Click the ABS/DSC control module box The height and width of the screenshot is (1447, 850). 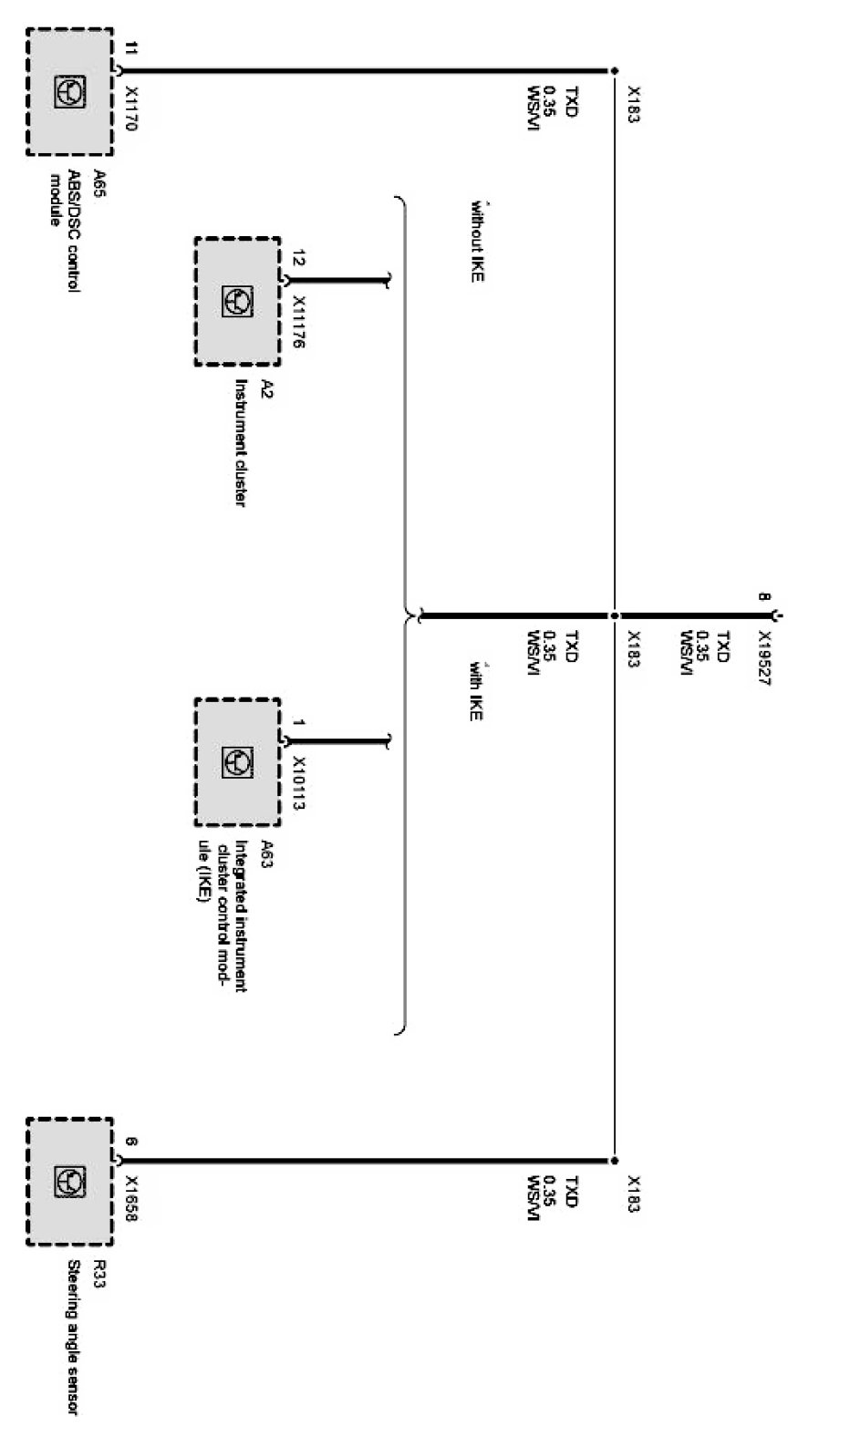(x=69, y=91)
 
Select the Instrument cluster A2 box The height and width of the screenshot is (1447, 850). (x=237, y=302)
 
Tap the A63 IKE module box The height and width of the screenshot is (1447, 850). (x=237, y=762)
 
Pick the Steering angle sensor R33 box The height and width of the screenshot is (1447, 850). (x=69, y=1182)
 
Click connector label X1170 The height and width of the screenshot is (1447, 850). (x=130, y=109)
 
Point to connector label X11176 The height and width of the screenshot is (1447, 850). (x=298, y=323)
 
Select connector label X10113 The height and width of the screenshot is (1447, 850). (x=298, y=783)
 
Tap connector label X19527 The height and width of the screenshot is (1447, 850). (x=764, y=658)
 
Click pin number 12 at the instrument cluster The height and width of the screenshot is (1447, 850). (x=298, y=259)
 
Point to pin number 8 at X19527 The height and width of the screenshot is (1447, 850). (x=764, y=598)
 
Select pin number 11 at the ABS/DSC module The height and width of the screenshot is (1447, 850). (x=130, y=48)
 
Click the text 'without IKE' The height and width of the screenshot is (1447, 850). (x=476, y=240)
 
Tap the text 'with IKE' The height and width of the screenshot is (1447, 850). (x=476, y=691)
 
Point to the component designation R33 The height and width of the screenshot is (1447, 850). (x=98, y=1273)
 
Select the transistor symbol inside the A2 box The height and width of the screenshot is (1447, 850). (x=237, y=302)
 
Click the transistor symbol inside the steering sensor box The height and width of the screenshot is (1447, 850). (x=69, y=1182)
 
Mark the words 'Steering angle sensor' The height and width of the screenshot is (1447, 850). (x=73, y=1337)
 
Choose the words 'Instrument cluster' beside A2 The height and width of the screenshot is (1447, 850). (x=241, y=443)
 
